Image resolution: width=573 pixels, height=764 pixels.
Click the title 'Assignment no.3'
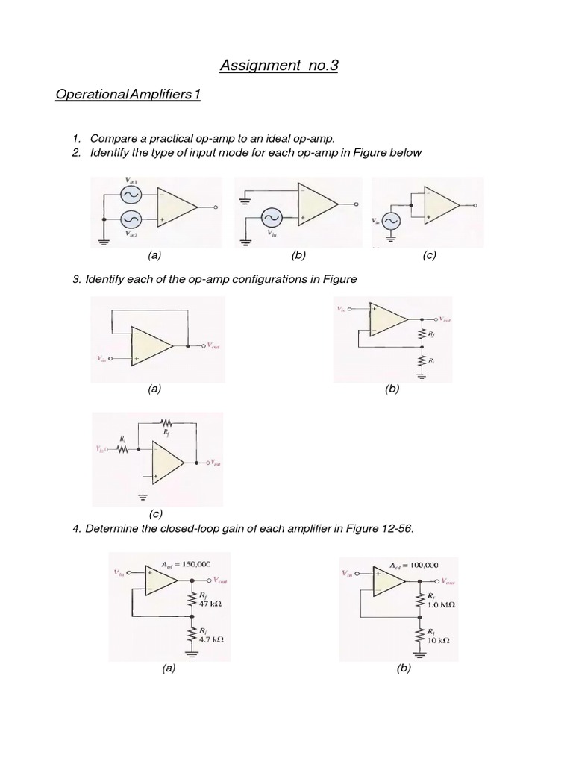(x=279, y=66)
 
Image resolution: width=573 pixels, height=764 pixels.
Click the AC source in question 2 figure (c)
(x=390, y=221)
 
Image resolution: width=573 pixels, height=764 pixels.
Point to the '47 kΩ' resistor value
(x=211, y=603)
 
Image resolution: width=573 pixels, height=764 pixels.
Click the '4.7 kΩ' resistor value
(x=213, y=639)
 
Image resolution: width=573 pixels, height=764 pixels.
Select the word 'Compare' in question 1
(x=111, y=139)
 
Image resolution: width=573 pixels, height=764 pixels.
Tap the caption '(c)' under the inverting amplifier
(x=155, y=514)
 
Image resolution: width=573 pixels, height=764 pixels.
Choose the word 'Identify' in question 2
(x=111, y=152)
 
